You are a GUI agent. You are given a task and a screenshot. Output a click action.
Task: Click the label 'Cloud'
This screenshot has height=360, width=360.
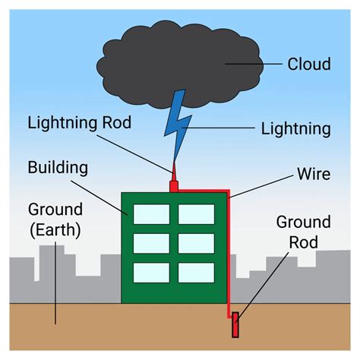309,64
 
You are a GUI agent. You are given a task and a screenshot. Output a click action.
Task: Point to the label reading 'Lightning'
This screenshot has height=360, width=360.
295,128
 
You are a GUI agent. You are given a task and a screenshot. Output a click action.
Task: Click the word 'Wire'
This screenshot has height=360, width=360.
313,175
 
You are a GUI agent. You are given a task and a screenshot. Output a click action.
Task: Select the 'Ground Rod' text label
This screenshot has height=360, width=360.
303,232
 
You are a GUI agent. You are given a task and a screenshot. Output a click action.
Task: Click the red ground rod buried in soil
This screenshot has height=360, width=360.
235,324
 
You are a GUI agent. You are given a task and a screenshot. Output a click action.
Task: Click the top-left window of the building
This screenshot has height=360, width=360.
151,214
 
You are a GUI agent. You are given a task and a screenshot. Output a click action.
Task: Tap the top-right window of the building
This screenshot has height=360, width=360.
196,214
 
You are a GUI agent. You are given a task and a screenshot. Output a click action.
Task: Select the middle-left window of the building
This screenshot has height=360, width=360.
151,243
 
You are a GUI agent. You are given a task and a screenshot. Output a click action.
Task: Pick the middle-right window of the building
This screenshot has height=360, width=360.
196,243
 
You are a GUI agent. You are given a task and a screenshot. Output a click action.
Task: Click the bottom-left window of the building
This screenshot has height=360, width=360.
151,272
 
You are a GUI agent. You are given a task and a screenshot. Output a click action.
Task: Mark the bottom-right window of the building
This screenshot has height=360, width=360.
196,272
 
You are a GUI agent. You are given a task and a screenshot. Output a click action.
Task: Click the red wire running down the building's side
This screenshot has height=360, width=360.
228,258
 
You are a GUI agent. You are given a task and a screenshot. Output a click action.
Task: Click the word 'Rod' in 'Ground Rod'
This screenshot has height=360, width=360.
303,242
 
